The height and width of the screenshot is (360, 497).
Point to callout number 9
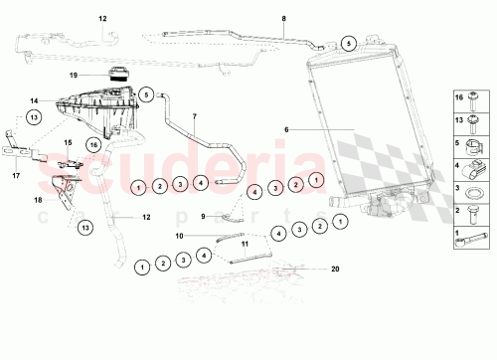click(205, 216)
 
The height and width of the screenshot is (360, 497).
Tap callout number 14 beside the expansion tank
click(34, 100)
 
